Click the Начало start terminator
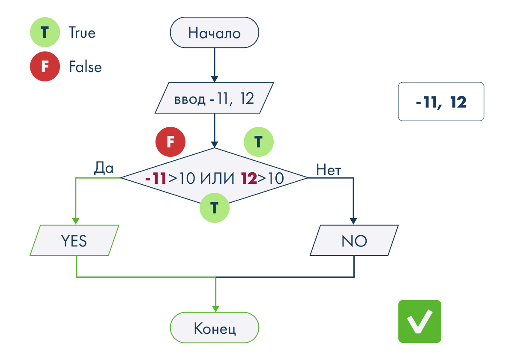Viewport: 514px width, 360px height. pos(214,33)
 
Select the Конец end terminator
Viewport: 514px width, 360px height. pos(214,327)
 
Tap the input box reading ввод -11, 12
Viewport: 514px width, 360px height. pos(214,98)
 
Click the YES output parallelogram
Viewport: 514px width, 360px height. pos(75,240)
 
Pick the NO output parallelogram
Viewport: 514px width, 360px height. pos(354,240)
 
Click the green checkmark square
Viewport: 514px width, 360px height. pos(419,321)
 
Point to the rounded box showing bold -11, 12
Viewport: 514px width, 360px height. pos(441,102)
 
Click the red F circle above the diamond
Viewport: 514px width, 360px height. pos(170,142)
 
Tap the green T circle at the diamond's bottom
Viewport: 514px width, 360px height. pos(214,207)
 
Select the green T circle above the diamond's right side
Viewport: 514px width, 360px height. pos(258,142)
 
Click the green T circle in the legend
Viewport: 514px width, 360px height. pos(45,32)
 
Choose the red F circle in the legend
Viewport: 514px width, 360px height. pos(45,66)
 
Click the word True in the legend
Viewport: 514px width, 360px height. pos(82,33)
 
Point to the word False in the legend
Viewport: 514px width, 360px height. pos(85,66)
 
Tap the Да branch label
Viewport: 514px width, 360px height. pos(104,168)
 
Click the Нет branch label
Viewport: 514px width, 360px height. pos(329,170)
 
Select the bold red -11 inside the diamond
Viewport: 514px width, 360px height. pos(155,178)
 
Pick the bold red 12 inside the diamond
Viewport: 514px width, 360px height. pos(249,178)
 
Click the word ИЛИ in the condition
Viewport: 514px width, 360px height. pos(217,178)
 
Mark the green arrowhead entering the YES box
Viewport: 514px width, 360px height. pos(75,221)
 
